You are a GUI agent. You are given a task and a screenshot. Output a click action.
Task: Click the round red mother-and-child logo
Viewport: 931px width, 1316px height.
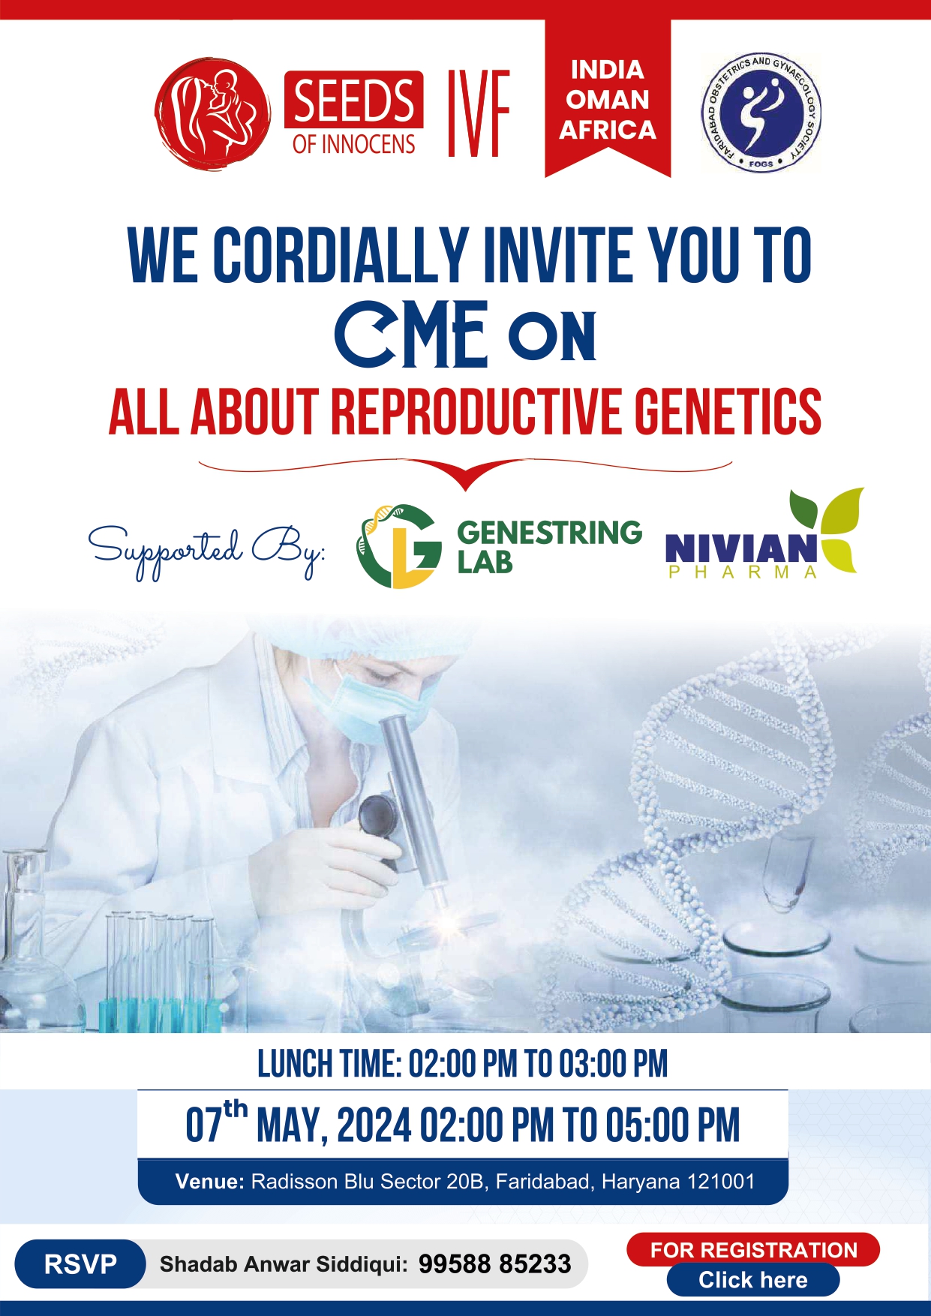click(x=212, y=114)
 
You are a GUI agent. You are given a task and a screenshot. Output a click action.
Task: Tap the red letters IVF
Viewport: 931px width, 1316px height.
click(x=479, y=113)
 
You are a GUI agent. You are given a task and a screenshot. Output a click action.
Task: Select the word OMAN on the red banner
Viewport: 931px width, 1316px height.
click(x=608, y=100)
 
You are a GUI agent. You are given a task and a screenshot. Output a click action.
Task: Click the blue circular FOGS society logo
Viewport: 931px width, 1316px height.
click(x=761, y=112)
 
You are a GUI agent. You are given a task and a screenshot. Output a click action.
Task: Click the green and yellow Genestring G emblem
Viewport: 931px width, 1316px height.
click(x=398, y=546)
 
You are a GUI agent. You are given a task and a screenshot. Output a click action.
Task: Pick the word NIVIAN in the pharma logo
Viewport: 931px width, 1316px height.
click(x=741, y=548)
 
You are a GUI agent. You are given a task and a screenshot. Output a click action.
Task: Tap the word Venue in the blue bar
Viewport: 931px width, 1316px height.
click(x=209, y=1182)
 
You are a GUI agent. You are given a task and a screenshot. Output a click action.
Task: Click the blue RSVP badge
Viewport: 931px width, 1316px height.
click(x=80, y=1264)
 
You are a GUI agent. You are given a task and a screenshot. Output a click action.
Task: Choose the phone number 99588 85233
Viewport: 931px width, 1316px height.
click(x=495, y=1264)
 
